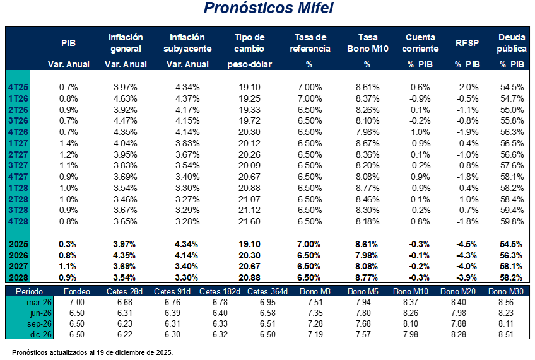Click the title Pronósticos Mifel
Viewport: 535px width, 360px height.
(267, 9)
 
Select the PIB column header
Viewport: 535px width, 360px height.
(68, 43)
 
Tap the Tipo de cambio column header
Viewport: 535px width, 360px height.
(249, 43)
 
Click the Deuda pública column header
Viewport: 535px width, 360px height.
(511, 43)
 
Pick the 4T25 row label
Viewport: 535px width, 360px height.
(17, 87)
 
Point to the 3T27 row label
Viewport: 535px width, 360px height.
(17, 166)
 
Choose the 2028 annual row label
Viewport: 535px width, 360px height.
(18, 277)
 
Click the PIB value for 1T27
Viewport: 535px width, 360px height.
(68, 144)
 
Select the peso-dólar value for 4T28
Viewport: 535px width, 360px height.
(249, 222)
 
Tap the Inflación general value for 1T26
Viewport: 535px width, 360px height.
(126, 98)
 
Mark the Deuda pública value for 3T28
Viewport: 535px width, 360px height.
(512, 211)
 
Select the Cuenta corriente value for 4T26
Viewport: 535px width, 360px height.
(420, 132)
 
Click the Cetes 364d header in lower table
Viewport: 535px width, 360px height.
(268, 291)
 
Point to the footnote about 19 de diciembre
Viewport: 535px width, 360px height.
(92, 352)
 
